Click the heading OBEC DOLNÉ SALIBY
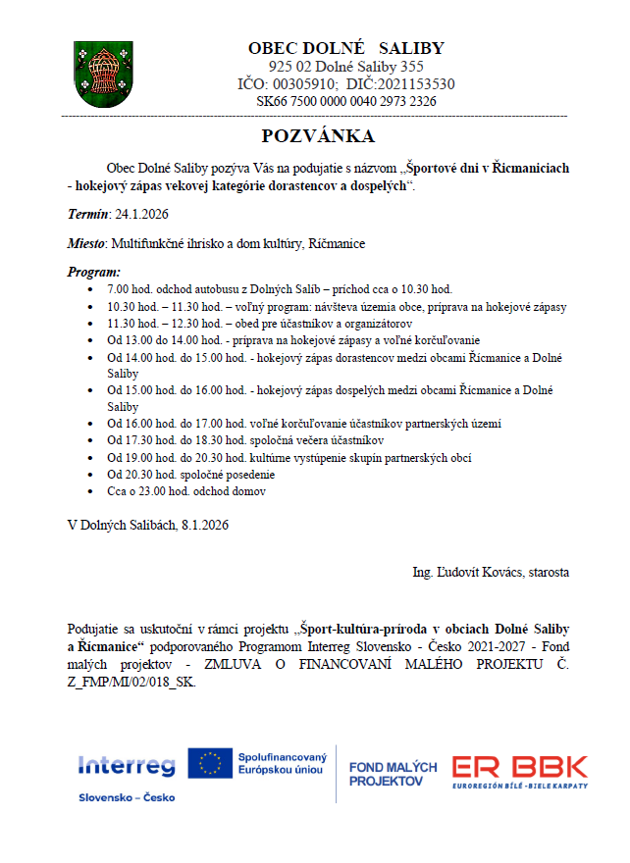(345, 48)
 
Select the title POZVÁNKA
(318, 135)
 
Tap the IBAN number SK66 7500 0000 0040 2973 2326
(345, 101)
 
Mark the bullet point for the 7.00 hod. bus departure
(91, 290)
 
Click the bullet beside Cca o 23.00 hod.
(91, 490)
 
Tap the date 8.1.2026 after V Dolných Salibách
(204, 526)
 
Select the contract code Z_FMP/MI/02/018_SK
(131, 683)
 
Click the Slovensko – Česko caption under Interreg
(127, 797)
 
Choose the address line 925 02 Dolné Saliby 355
(345, 67)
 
